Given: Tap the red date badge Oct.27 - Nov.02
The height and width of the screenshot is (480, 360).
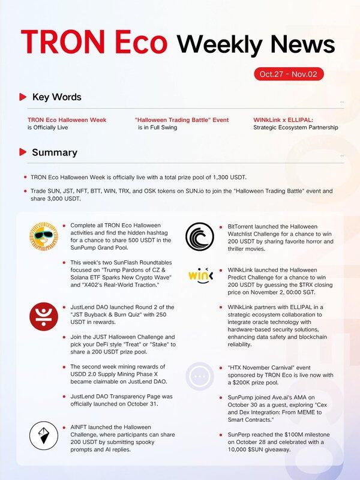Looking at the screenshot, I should (x=292, y=74).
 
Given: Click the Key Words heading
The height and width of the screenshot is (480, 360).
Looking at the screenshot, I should (x=56, y=97).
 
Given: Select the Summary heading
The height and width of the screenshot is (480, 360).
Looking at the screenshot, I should (x=55, y=152).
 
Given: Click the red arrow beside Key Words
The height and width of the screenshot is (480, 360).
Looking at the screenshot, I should (x=22, y=97).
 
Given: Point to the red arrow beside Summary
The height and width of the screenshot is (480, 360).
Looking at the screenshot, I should (x=22, y=152).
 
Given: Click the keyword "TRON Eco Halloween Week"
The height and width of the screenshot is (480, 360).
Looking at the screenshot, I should (x=67, y=120).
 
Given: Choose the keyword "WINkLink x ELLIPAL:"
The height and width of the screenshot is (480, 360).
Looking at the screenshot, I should (x=283, y=120).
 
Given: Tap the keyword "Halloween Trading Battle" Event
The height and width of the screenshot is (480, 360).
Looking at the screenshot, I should (x=182, y=120).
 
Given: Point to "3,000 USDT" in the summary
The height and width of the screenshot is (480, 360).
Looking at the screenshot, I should (x=60, y=199).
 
